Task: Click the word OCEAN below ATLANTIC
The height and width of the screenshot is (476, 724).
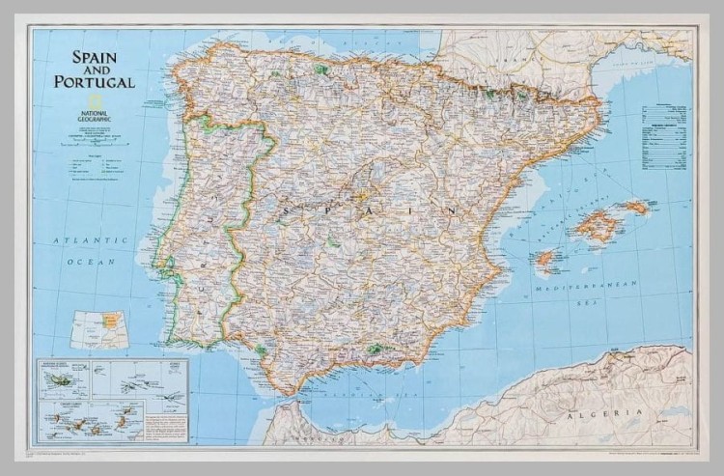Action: coord(97,262)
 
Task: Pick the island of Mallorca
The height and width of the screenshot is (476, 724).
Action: coord(598,227)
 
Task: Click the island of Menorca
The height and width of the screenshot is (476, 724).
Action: coord(636,207)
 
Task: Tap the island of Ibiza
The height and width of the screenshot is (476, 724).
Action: coord(546,259)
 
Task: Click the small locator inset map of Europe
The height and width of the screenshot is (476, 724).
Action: coord(99,329)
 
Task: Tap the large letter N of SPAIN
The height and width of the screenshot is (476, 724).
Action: coord(451,210)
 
